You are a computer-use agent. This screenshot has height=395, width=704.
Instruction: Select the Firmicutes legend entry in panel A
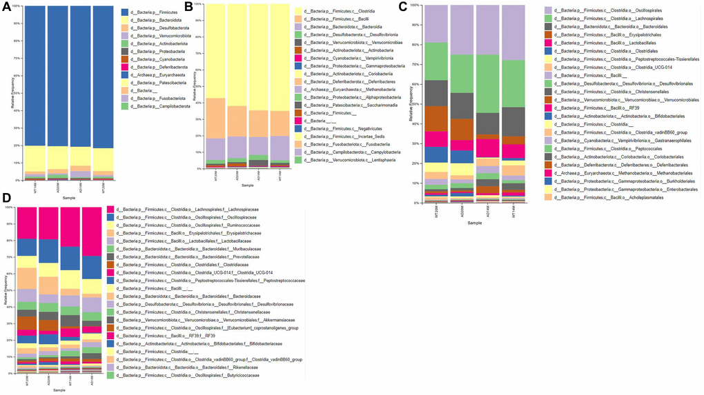click(x=153, y=12)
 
